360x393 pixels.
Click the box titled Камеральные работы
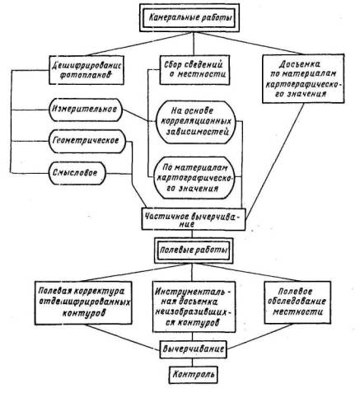pyautogui.click(x=189, y=18)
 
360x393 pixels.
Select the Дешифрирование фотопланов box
pyautogui.click(x=86, y=70)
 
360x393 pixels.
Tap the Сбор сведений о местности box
pyautogui.click(x=194, y=69)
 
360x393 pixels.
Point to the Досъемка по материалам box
pyautogui.click(x=303, y=78)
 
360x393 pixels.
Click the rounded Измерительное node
pyautogui.click(x=86, y=110)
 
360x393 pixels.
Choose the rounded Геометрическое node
pyautogui.click(x=87, y=141)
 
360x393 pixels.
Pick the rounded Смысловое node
pyautogui.click(x=77, y=173)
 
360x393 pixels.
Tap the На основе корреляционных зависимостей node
pyautogui.click(x=196, y=122)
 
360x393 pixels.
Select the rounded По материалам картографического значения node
pyautogui.click(x=194, y=178)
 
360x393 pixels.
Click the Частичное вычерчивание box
pyautogui.click(x=194, y=218)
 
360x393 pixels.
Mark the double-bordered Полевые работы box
pyautogui.click(x=194, y=250)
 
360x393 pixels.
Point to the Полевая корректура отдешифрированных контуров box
pyautogui.click(x=83, y=302)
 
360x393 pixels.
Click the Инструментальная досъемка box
pyautogui.click(x=194, y=306)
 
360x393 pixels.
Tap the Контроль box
pyautogui.click(x=194, y=375)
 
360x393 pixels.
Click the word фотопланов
pyautogui.click(x=86, y=76)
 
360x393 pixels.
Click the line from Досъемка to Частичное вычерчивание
pyautogui.click(x=275, y=161)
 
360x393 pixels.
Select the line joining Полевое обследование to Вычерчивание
pyautogui.click(x=259, y=336)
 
